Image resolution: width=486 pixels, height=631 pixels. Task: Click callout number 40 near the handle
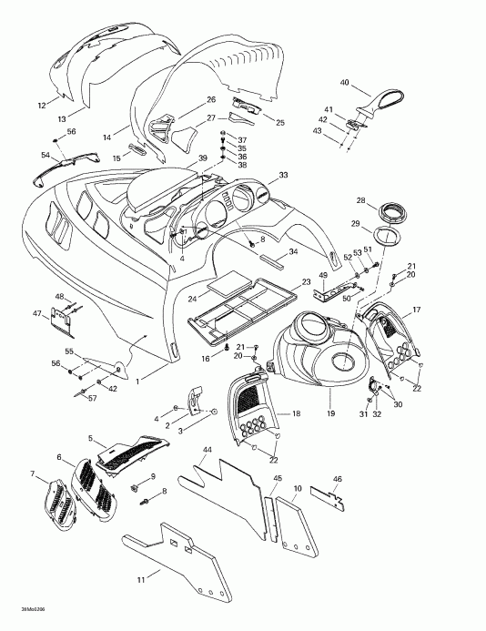click(345, 83)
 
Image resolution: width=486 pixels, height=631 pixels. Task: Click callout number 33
click(284, 174)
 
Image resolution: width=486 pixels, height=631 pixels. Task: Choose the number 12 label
click(41, 106)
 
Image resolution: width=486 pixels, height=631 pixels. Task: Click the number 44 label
click(208, 451)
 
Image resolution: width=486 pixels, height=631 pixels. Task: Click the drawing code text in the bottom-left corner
click(20, 610)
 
